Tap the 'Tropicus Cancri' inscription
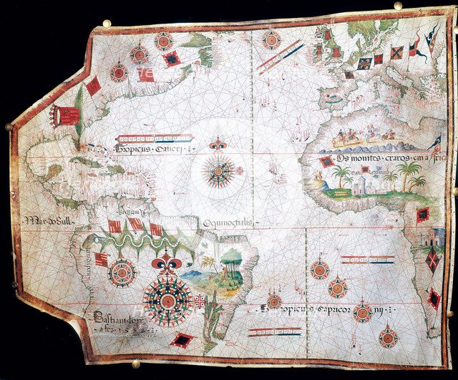(x=153, y=150)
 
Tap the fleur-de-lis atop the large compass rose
(x=166, y=261)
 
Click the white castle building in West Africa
(x=356, y=185)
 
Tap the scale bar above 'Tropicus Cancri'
(x=151, y=136)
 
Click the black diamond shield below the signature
(x=182, y=341)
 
